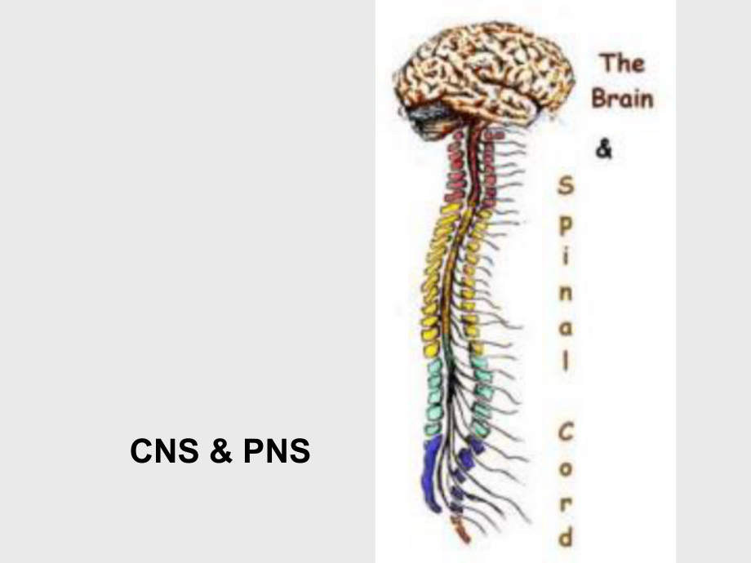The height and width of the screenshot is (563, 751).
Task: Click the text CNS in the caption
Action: pyautogui.click(x=164, y=451)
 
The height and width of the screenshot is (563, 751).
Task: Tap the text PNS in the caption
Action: pyautogui.click(x=276, y=451)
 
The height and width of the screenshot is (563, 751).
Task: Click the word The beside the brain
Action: pyautogui.click(x=622, y=63)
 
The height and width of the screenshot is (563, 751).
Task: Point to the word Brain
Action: pyautogui.click(x=623, y=99)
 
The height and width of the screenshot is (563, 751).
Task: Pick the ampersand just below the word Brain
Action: pyautogui.click(x=604, y=150)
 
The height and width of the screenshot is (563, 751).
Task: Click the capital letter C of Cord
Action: pyautogui.click(x=565, y=433)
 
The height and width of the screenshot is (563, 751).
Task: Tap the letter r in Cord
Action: pyautogui.click(x=565, y=504)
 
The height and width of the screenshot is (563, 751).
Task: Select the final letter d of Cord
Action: pyautogui.click(x=565, y=538)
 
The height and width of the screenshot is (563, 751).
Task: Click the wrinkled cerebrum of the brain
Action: pyautogui.click(x=486, y=69)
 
